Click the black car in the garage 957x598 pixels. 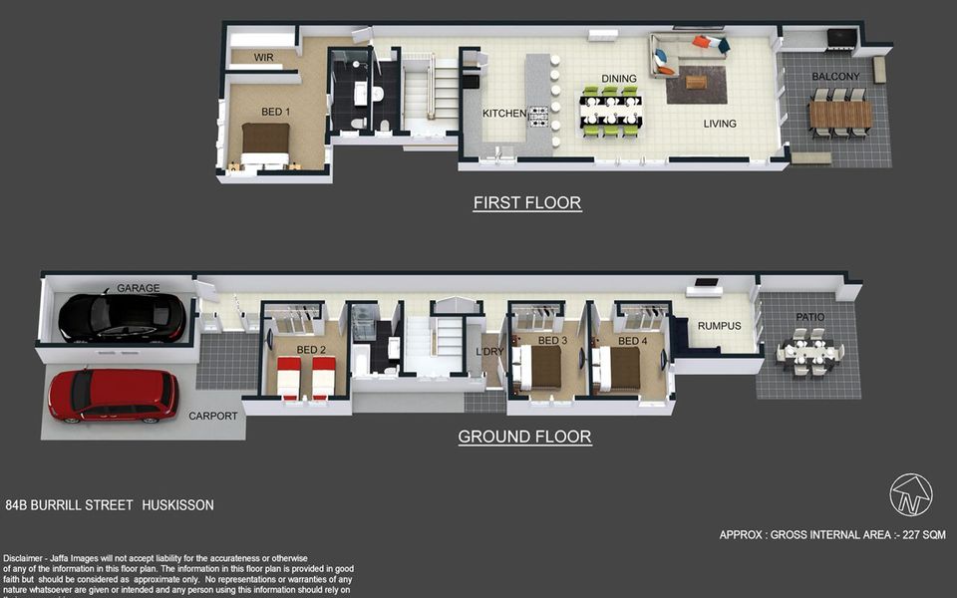pos(122,317)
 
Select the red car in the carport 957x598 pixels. pos(113,394)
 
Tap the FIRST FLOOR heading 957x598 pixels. pos(527,203)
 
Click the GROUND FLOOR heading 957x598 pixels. pos(524,437)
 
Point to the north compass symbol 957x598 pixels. pos(910,495)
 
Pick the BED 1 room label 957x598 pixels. pos(276,112)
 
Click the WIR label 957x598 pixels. pos(263,58)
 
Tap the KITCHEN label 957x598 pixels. pos(504,114)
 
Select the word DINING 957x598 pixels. pos(619,78)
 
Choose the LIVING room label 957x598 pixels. pos(720,124)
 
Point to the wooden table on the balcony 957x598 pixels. pos(840,115)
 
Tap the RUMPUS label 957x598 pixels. pos(719,325)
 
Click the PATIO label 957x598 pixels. pos(809,318)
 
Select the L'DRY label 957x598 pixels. pos(489,352)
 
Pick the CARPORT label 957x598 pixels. pos(213,416)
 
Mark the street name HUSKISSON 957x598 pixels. pos(177,505)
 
